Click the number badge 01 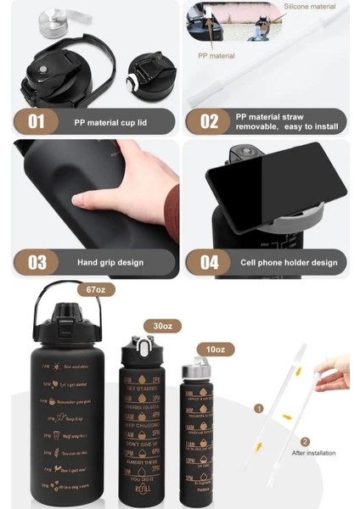[36, 121]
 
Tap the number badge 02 [209, 121]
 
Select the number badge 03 [36, 262]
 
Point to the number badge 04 [209, 262]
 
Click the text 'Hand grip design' [111, 262]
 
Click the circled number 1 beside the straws [259, 408]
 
